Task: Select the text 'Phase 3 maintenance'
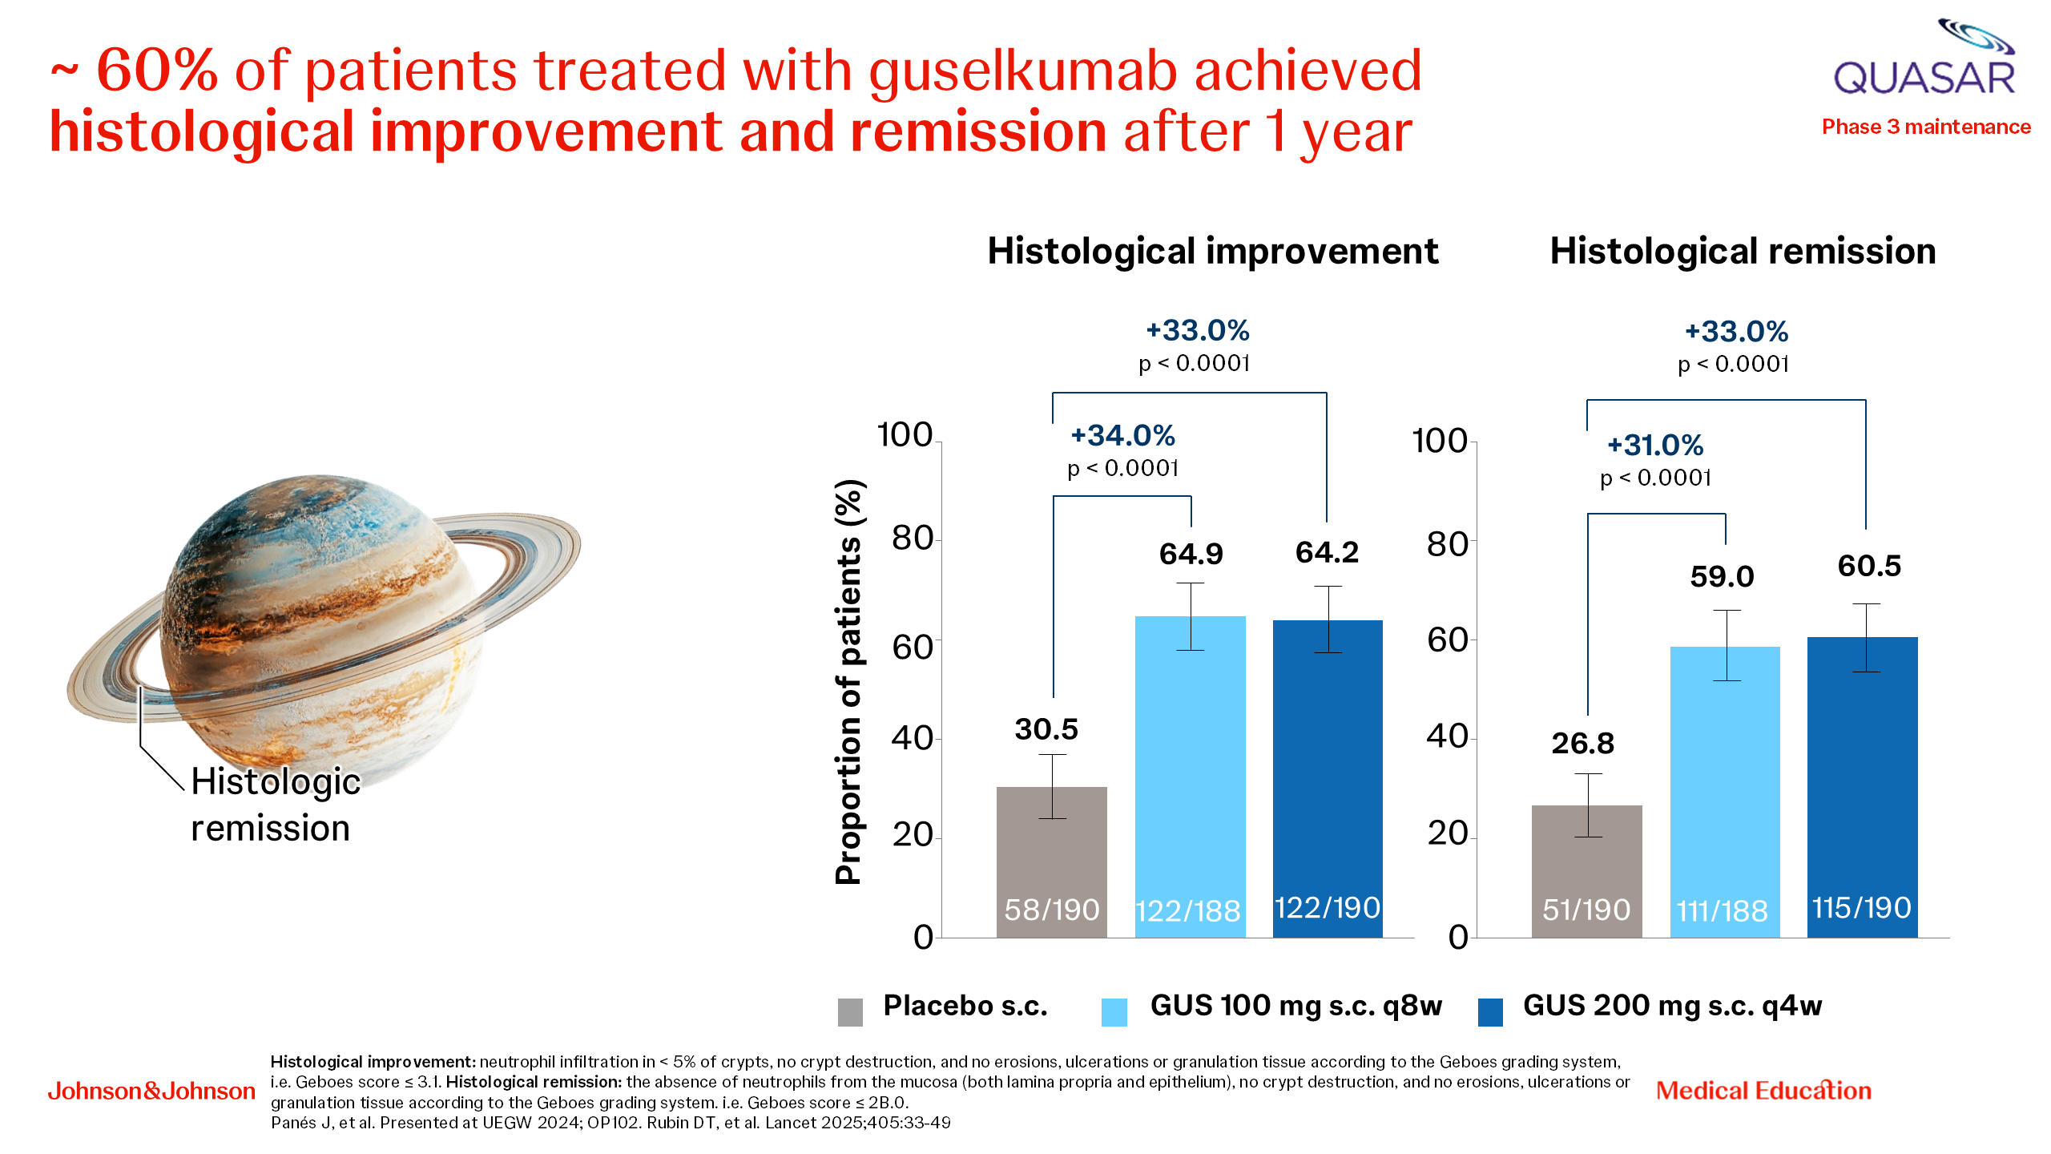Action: (1926, 127)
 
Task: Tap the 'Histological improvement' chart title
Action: (1212, 251)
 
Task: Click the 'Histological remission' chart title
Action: (1743, 251)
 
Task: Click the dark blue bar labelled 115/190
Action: (1862, 786)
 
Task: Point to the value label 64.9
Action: (1191, 554)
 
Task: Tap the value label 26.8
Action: (1582, 744)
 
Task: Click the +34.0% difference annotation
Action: (1122, 436)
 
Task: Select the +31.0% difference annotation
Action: (1655, 446)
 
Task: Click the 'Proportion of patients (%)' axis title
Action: (848, 682)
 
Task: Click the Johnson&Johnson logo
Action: (151, 1091)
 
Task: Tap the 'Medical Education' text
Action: (1763, 1091)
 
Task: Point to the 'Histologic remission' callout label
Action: (275, 805)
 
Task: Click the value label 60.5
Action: (1869, 566)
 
